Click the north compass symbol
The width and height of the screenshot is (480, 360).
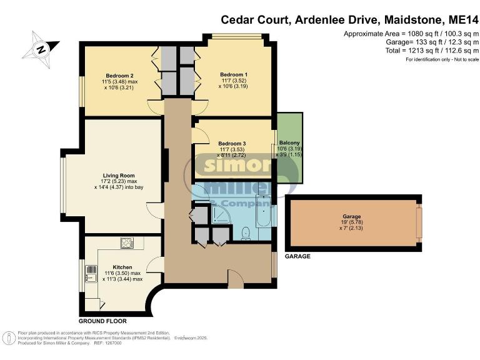coord(40,48)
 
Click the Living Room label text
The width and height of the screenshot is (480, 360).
coord(119,176)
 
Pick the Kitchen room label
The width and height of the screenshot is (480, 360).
coord(122,267)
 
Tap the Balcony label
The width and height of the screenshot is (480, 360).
coord(289,143)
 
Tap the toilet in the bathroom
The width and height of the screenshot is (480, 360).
coord(245,232)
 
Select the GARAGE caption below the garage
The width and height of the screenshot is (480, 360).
coord(297,256)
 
